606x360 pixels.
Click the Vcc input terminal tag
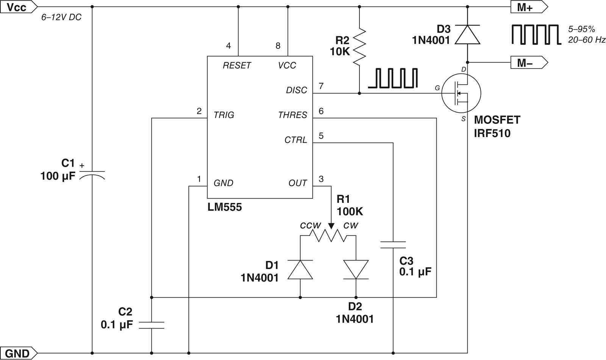click(18, 7)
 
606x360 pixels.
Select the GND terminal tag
click(18, 353)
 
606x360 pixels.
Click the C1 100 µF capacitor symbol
click(92, 175)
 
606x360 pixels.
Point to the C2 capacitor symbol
click(151, 325)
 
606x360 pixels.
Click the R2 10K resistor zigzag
click(359, 46)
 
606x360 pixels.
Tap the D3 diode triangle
click(467, 34)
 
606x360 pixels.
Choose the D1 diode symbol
click(300, 270)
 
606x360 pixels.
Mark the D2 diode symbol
click(356, 270)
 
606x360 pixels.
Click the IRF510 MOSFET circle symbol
click(461, 93)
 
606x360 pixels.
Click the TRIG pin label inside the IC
click(223, 115)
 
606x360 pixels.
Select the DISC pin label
click(297, 90)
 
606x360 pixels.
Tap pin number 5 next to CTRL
click(321, 136)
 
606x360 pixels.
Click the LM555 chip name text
click(224, 207)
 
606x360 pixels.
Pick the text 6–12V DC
click(61, 17)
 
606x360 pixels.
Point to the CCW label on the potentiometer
click(310, 226)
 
